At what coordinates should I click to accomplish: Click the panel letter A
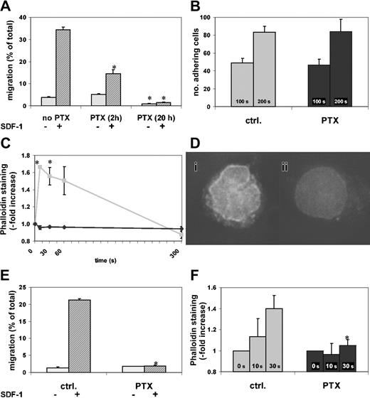coord(6,6)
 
